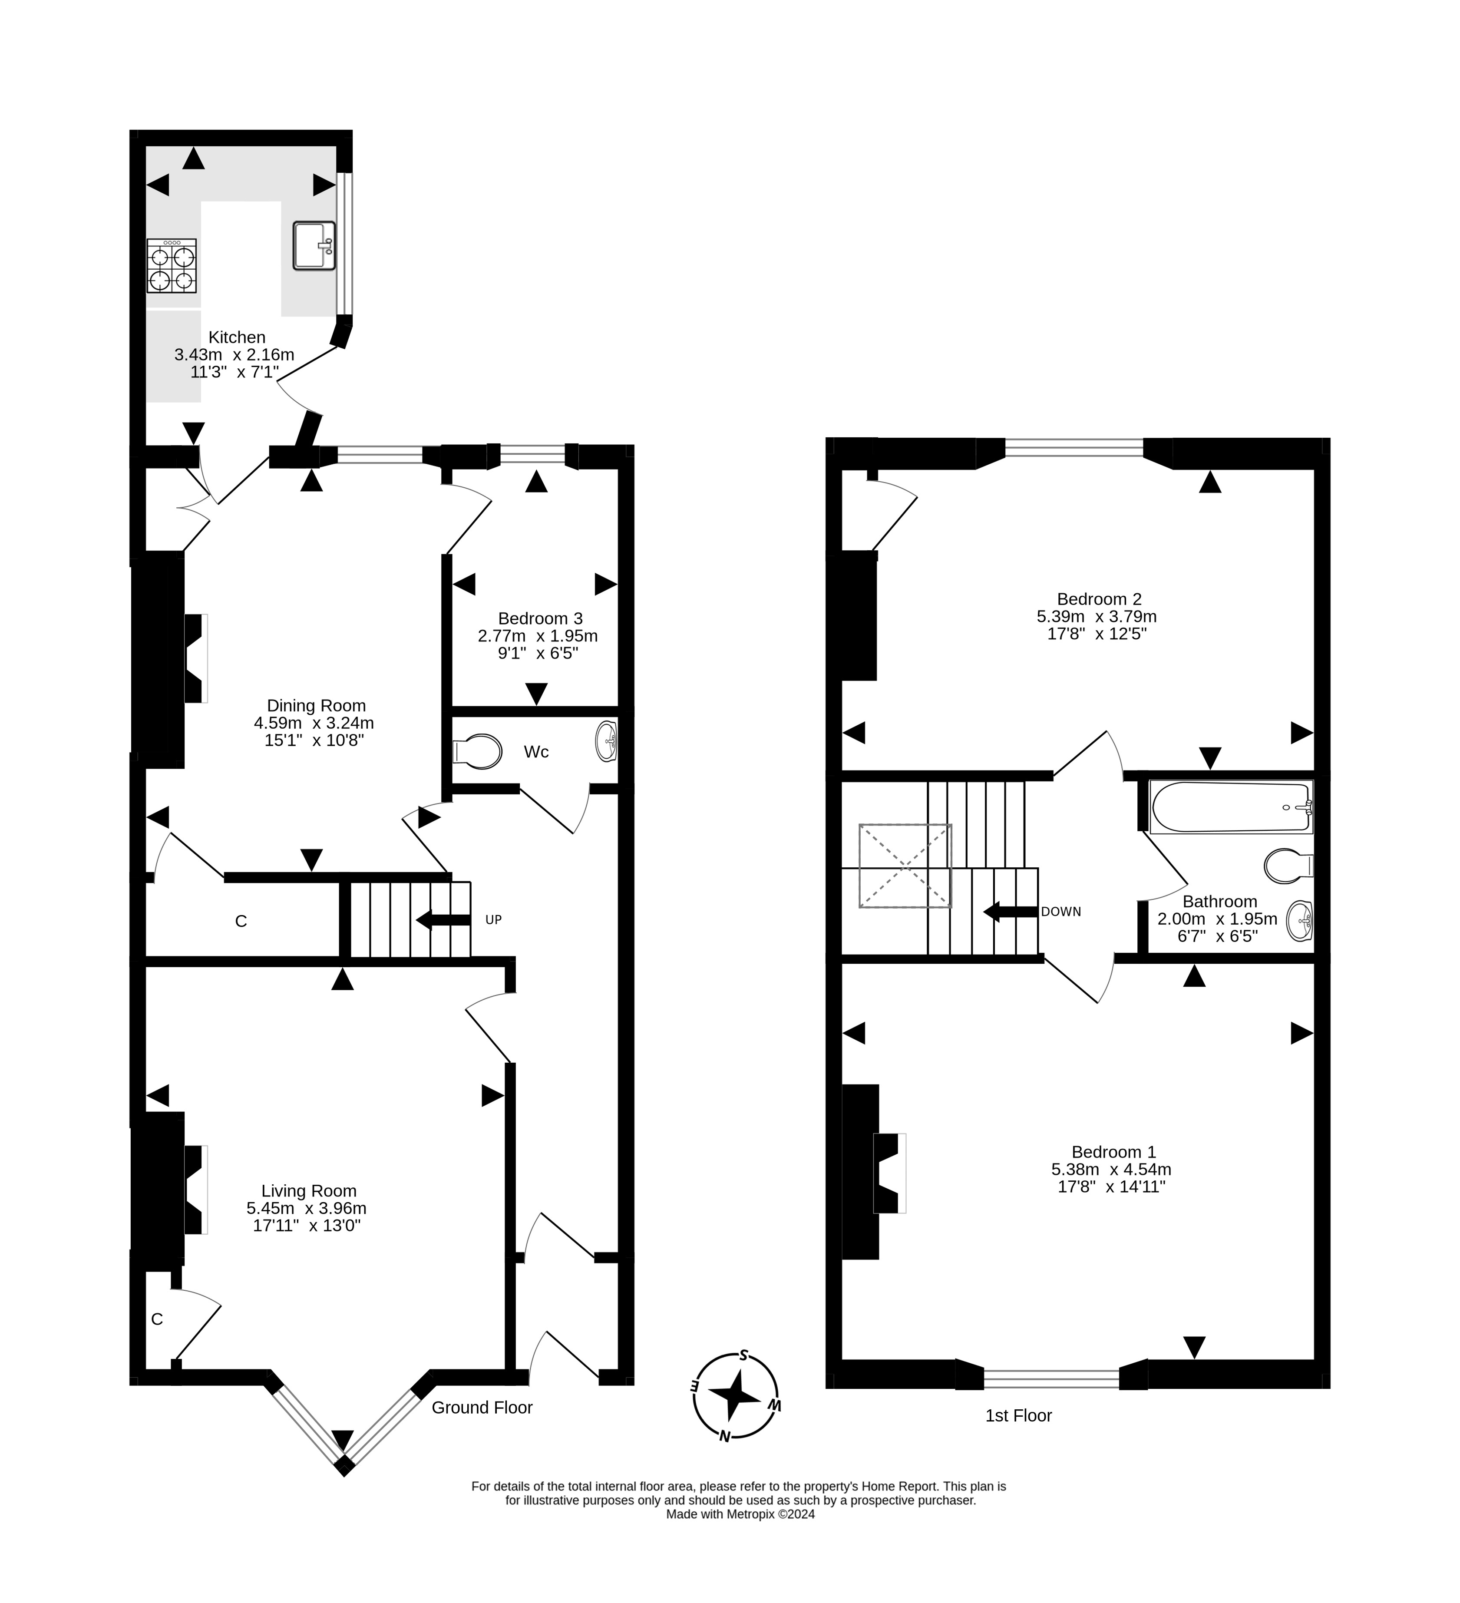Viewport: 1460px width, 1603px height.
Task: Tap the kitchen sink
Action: pyautogui.click(x=314, y=246)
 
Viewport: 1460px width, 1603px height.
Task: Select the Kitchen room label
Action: pyautogui.click(x=236, y=337)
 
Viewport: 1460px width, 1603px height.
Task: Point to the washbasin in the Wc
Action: pyautogui.click(x=607, y=741)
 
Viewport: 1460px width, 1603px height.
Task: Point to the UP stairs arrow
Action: pyautogui.click(x=443, y=920)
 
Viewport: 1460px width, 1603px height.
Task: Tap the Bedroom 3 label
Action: pyautogui.click(x=540, y=618)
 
